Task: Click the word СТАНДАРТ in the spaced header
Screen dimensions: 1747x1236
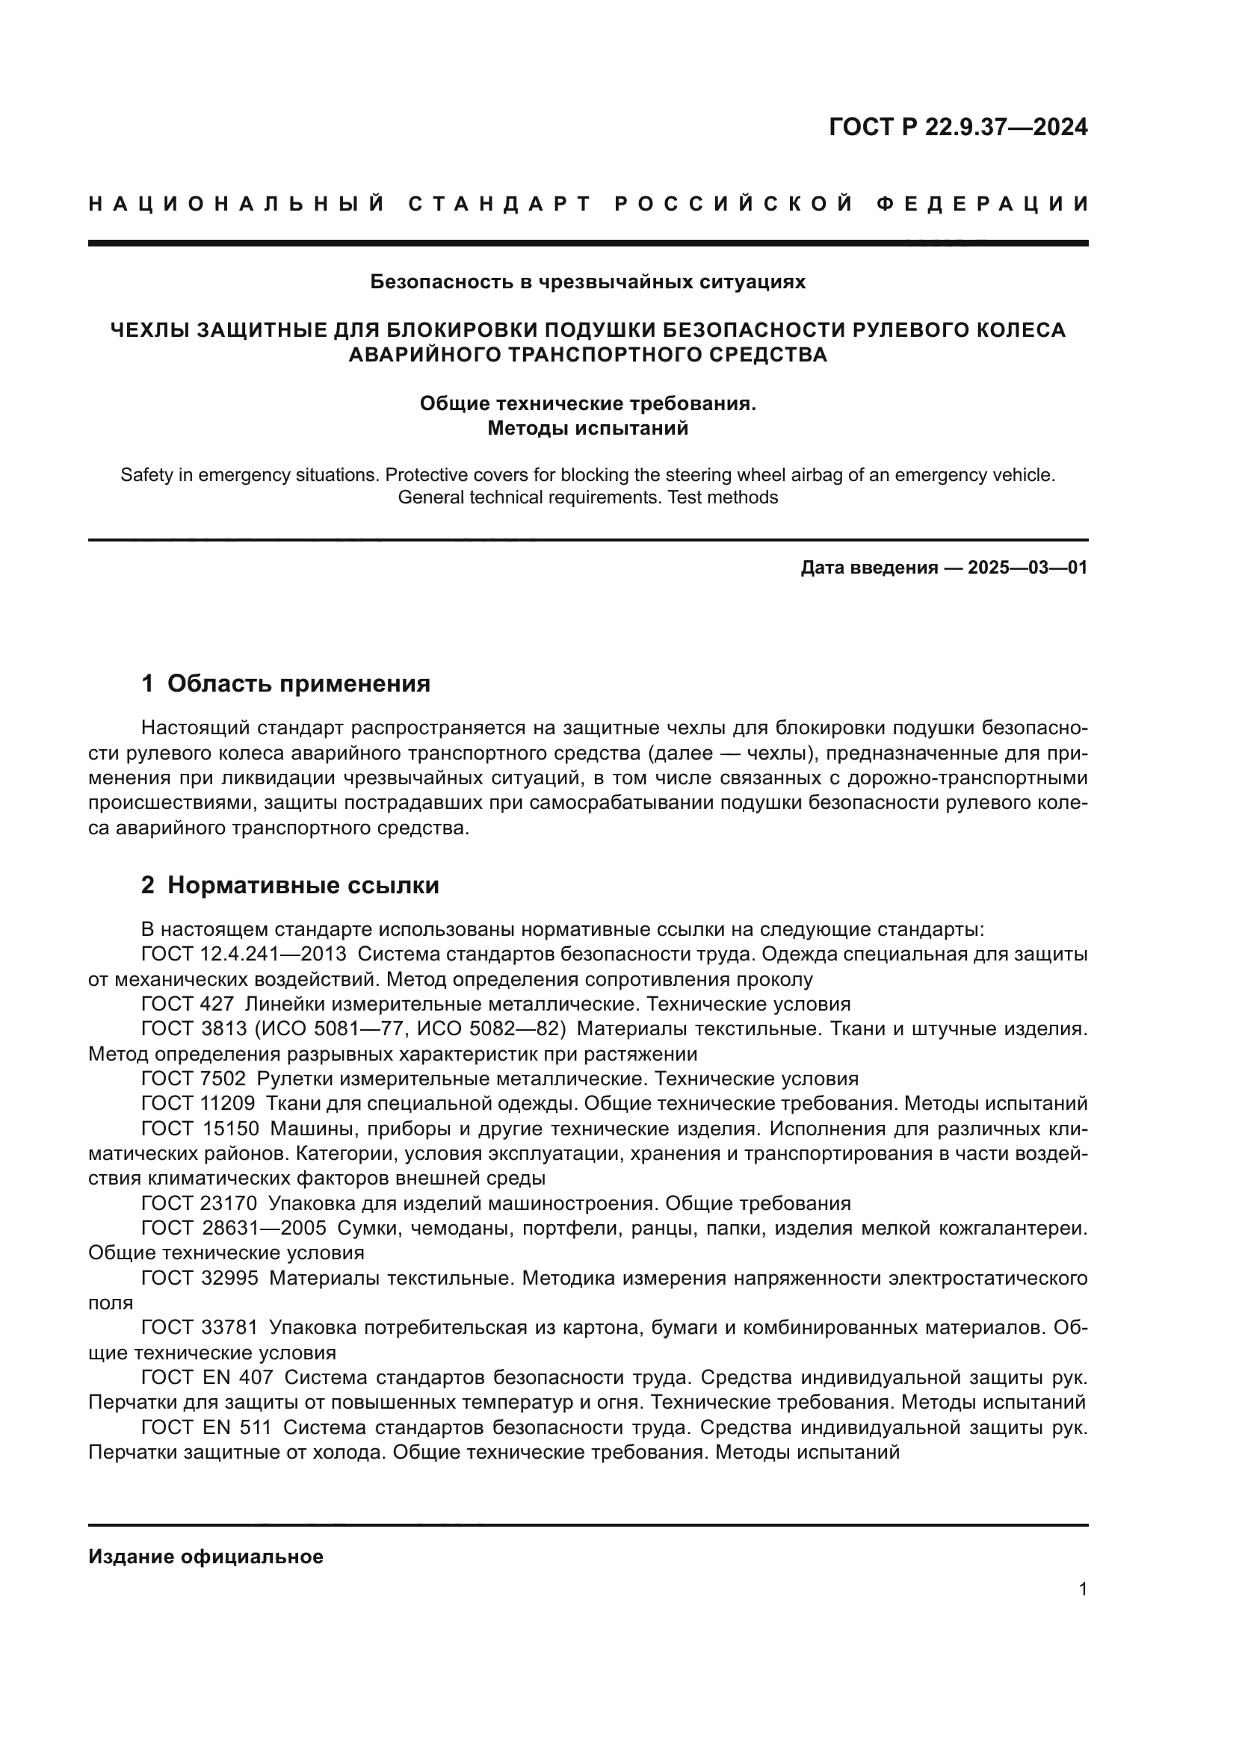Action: (499, 204)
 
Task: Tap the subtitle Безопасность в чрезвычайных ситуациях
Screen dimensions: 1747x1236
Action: (587, 282)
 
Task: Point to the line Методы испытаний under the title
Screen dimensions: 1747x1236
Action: (587, 429)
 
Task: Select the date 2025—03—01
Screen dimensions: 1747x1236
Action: (1028, 568)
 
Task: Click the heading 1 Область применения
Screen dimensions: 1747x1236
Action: (285, 683)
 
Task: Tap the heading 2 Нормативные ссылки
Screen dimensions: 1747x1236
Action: (290, 885)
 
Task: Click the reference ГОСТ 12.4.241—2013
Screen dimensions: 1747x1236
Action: (244, 954)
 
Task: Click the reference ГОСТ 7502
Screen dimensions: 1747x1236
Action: (194, 1079)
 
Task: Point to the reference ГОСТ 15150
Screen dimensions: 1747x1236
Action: (200, 1129)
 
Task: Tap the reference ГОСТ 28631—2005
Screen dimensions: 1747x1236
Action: (234, 1228)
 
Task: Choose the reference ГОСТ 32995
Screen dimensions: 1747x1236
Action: (200, 1278)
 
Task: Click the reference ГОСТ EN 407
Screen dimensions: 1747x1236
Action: (207, 1377)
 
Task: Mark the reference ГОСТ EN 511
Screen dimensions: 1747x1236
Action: (206, 1427)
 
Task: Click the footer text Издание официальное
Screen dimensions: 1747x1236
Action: (206, 1557)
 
